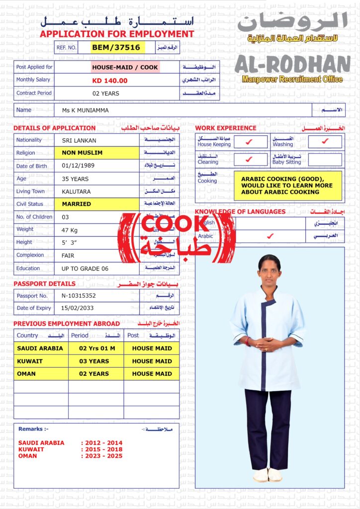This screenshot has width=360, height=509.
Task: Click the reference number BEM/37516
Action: [117, 47]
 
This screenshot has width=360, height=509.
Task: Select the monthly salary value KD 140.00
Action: [109, 81]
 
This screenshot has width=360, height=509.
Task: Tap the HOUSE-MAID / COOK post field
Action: [125, 67]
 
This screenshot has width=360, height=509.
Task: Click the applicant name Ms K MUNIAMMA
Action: [85, 110]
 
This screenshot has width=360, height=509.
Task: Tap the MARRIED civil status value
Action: [76, 204]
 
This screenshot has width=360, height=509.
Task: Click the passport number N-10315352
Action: [79, 295]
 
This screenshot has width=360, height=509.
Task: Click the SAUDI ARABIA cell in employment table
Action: [40, 348]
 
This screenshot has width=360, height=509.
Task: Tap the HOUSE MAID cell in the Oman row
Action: [152, 374]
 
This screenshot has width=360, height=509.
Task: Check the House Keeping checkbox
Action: [250, 142]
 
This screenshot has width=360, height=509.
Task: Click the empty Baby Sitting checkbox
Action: [325, 160]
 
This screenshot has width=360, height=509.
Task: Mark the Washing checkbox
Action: [325, 142]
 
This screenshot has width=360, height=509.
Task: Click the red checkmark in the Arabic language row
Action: [270, 236]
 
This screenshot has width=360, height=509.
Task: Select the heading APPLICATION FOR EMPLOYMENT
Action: [117, 34]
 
